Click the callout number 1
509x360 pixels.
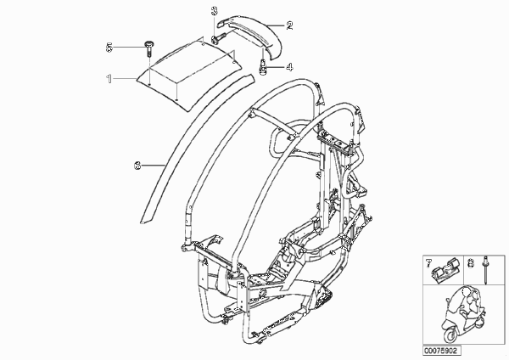click(x=109, y=79)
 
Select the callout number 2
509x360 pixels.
click(x=289, y=25)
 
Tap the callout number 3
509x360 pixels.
click(x=215, y=11)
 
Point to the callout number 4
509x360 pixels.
click(x=289, y=67)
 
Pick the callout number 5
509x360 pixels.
click(x=109, y=48)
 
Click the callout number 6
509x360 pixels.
click(x=137, y=166)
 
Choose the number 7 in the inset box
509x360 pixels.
click(x=428, y=263)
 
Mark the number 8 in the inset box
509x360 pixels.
click(x=471, y=263)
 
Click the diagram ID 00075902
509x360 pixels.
click(x=442, y=351)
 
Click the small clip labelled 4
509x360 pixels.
click(x=263, y=66)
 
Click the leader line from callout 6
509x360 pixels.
click(x=154, y=166)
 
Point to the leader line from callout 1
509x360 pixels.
click(x=125, y=79)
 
